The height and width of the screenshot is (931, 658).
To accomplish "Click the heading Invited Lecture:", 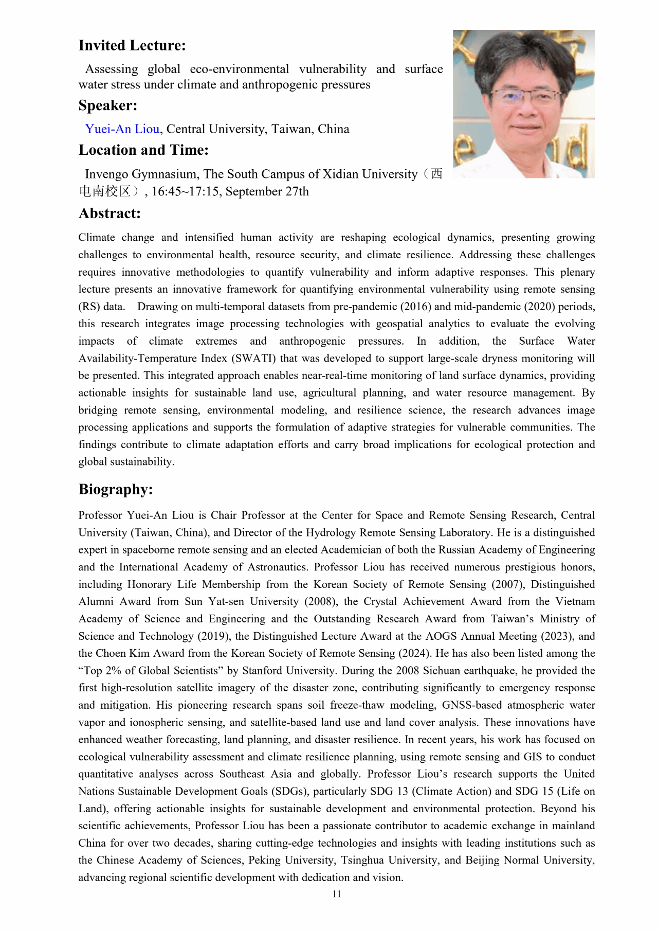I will [x=132, y=46].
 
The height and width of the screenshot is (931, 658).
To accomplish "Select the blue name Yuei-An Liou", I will [x=122, y=129].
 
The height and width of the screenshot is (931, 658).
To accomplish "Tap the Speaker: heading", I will [x=108, y=105].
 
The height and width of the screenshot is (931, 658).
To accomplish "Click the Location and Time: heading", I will [x=143, y=150].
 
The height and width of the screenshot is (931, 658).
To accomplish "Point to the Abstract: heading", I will [x=109, y=213].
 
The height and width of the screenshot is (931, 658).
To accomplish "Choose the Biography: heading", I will [x=116, y=489].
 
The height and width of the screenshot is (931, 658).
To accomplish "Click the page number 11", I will [x=337, y=894].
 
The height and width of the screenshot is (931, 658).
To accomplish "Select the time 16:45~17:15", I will [x=186, y=192].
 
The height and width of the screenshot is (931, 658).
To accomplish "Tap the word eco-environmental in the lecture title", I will [x=240, y=69].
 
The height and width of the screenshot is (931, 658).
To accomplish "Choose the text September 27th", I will [x=267, y=192].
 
